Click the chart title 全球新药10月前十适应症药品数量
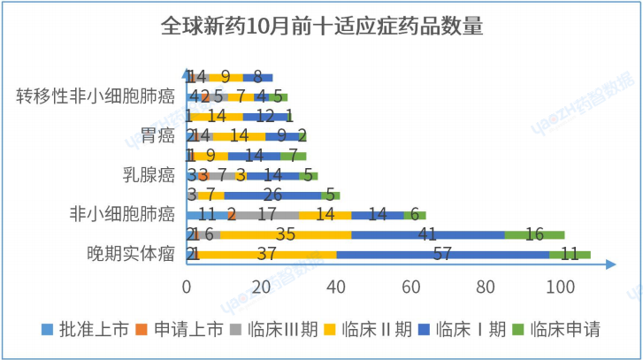pyautogui.click(x=322, y=26)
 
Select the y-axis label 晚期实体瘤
pyautogui.click(x=131, y=254)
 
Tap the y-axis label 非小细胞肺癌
pyautogui.click(x=122, y=213)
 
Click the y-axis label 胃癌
pyautogui.click(x=156, y=135)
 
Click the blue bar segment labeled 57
pyautogui.click(x=442, y=254)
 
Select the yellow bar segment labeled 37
pyautogui.click(x=267, y=254)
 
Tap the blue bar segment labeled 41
pyautogui.click(x=427, y=234)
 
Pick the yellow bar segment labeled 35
pyautogui.click(x=286, y=234)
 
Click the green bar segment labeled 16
pyautogui.click(x=534, y=234)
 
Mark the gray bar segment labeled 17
pyautogui.click(x=268, y=214)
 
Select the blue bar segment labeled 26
pyautogui.click(x=272, y=195)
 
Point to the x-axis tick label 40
pyautogui.click(x=336, y=287)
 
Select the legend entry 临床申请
pyautogui.click(x=564, y=330)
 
